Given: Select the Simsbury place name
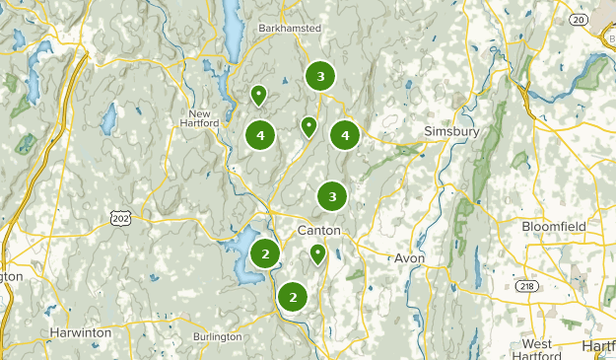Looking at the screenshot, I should pyautogui.click(x=450, y=131).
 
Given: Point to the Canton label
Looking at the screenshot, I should pyautogui.click(x=318, y=230).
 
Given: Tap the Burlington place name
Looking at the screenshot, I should pyautogui.click(x=217, y=336).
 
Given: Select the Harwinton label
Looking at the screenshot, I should pyautogui.click(x=81, y=332).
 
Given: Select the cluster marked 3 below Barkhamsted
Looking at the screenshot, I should pyautogui.click(x=319, y=76).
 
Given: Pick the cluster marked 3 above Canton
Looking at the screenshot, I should pyautogui.click(x=332, y=197).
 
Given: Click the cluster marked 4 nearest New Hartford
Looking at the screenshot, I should pyautogui.click(x=260, y=135).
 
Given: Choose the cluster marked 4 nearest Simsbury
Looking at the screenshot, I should pyautogui.click(x=344, y=135).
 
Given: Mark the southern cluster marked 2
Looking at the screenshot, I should pyautogui.click(x=292, y=296).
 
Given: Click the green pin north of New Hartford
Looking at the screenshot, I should pyautogui.click(x=258, y=95).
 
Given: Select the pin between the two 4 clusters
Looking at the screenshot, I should pyautogui.click(x=308, y=125).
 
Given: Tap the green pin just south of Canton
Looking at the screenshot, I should pyautogui.click(x=318, y=254).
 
